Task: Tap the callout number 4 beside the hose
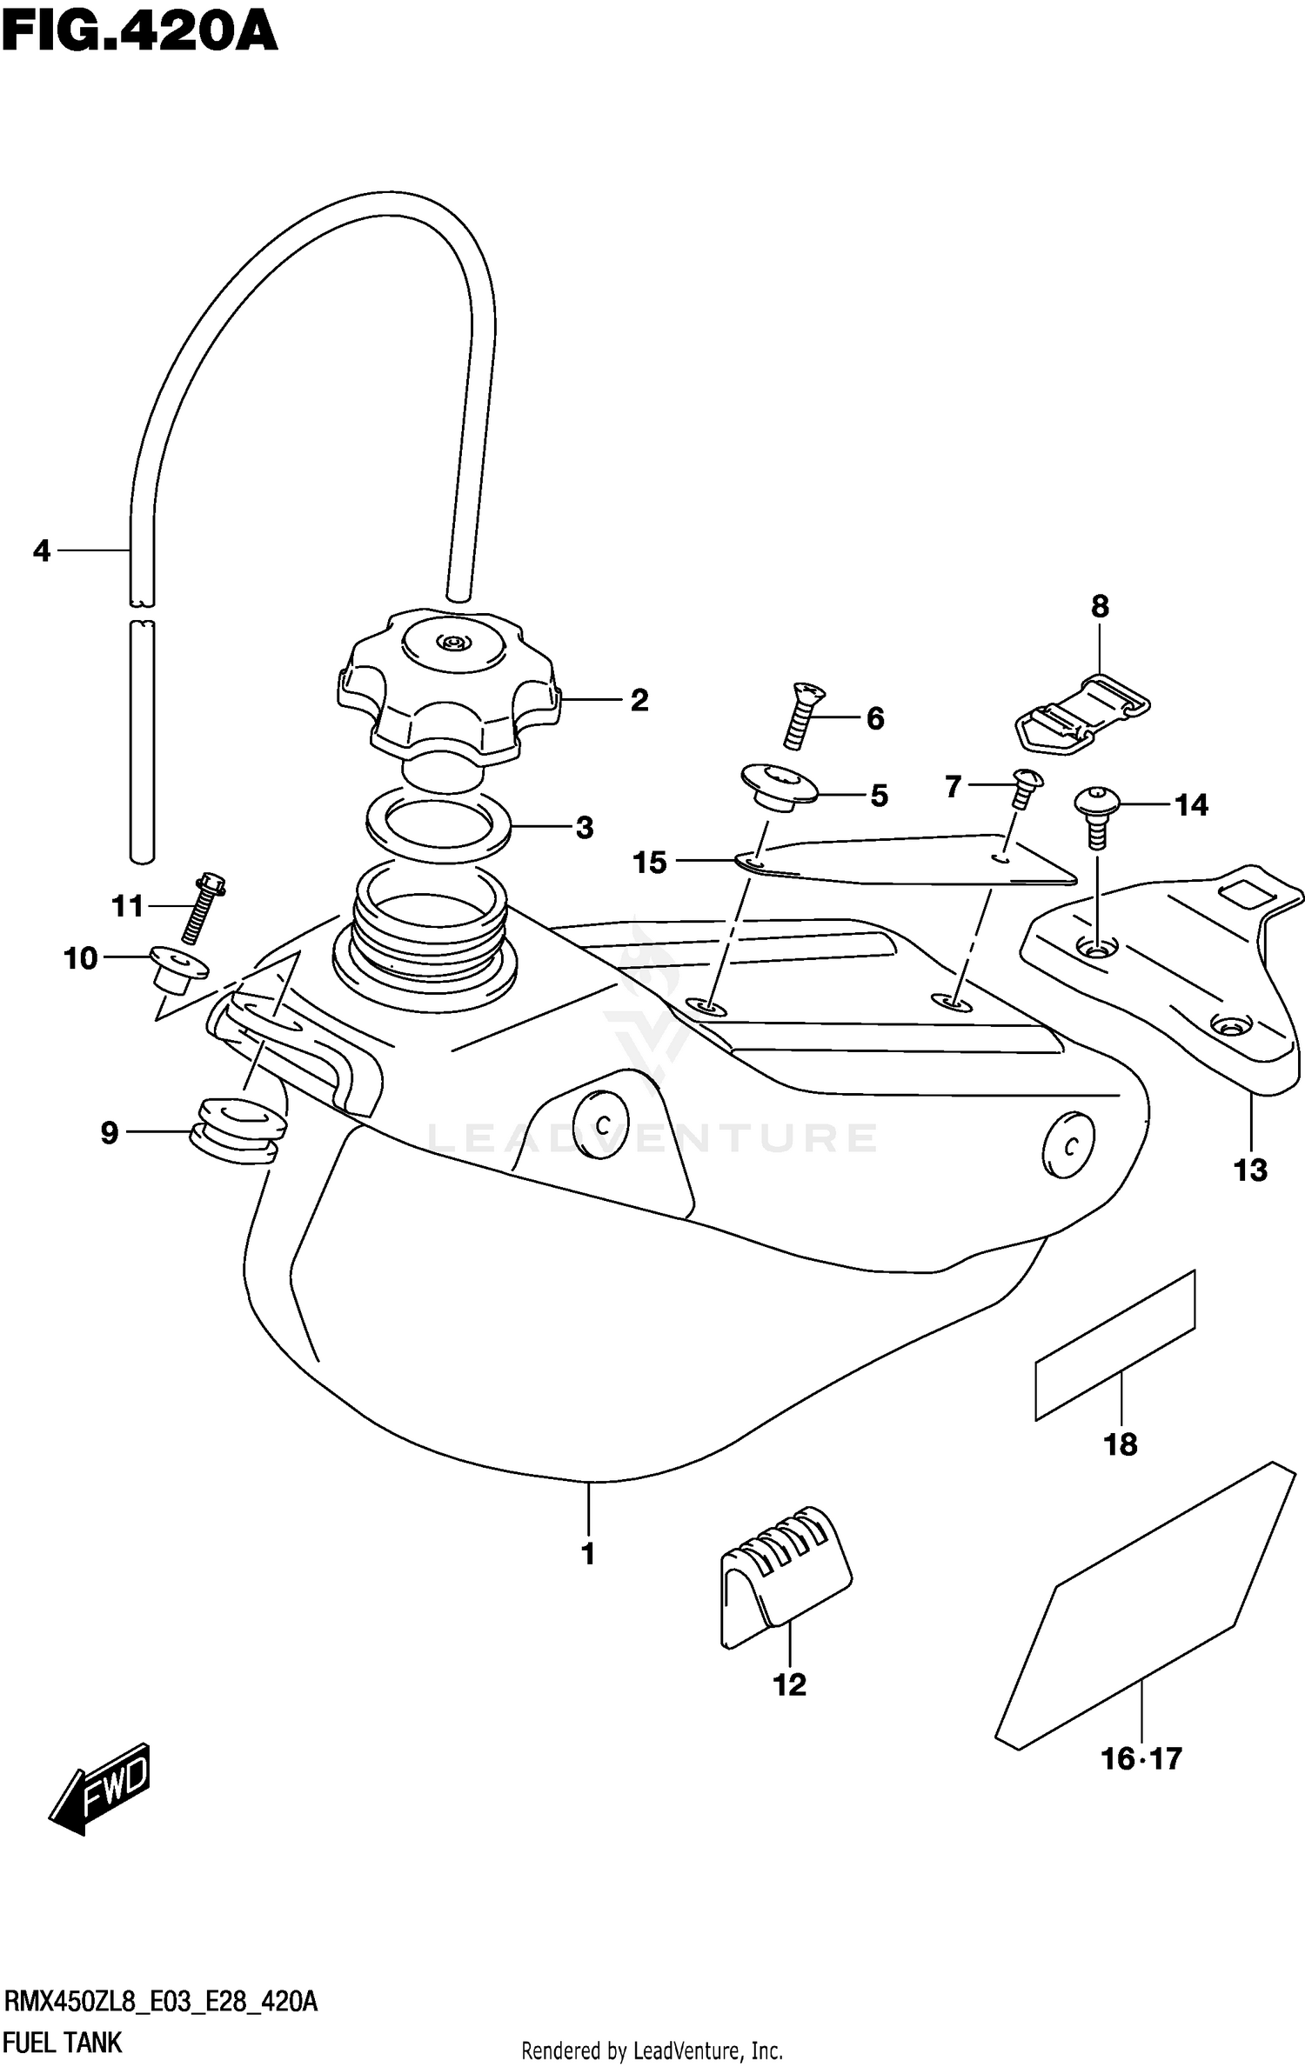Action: [x=42, y=550]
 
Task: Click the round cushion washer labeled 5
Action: [x=778, y=786]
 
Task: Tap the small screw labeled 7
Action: [x=1025, y=787]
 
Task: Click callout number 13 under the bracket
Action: [x=1251, y=1170]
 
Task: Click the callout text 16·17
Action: [x=1141, y=1758]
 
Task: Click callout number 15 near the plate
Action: [x=650, y=863]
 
